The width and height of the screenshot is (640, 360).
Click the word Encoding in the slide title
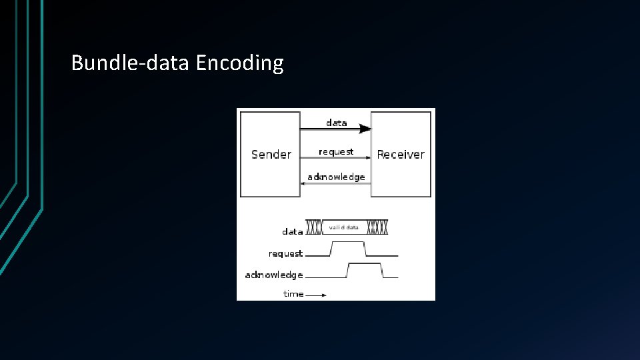pyautogui.click(x=240, y=63)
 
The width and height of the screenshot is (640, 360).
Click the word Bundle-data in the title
pyautogui.click(x=131, y=63)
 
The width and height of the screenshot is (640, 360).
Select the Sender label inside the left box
pyautogui.click(x=271, y=155)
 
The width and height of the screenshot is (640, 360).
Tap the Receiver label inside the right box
pyautogui.click(x=400, y=155)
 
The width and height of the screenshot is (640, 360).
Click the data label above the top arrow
pyautogui.click(x=336, y=123)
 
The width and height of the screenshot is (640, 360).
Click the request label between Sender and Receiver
pyautogui.click(x=336, y=152)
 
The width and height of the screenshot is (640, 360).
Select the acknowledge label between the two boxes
pyautogui.click(x=336, y=177)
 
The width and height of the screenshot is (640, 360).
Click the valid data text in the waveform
pyautogui.click(x=343, y=227)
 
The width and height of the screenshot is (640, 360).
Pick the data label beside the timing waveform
pyautogui.click(x=292, y=232)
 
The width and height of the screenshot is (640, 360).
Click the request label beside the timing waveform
pyautogui.click(x=285, y=253)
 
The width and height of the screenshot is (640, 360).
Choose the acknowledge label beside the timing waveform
pyautogui.click(x=274, y=275)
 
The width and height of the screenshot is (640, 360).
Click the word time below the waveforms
pyautogui.click(x=293, y=294)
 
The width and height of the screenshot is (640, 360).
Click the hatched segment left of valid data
pyautogui.click(x=315, y=227)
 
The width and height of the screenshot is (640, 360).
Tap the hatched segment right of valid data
pyautogui.click(x=377, y=227)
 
